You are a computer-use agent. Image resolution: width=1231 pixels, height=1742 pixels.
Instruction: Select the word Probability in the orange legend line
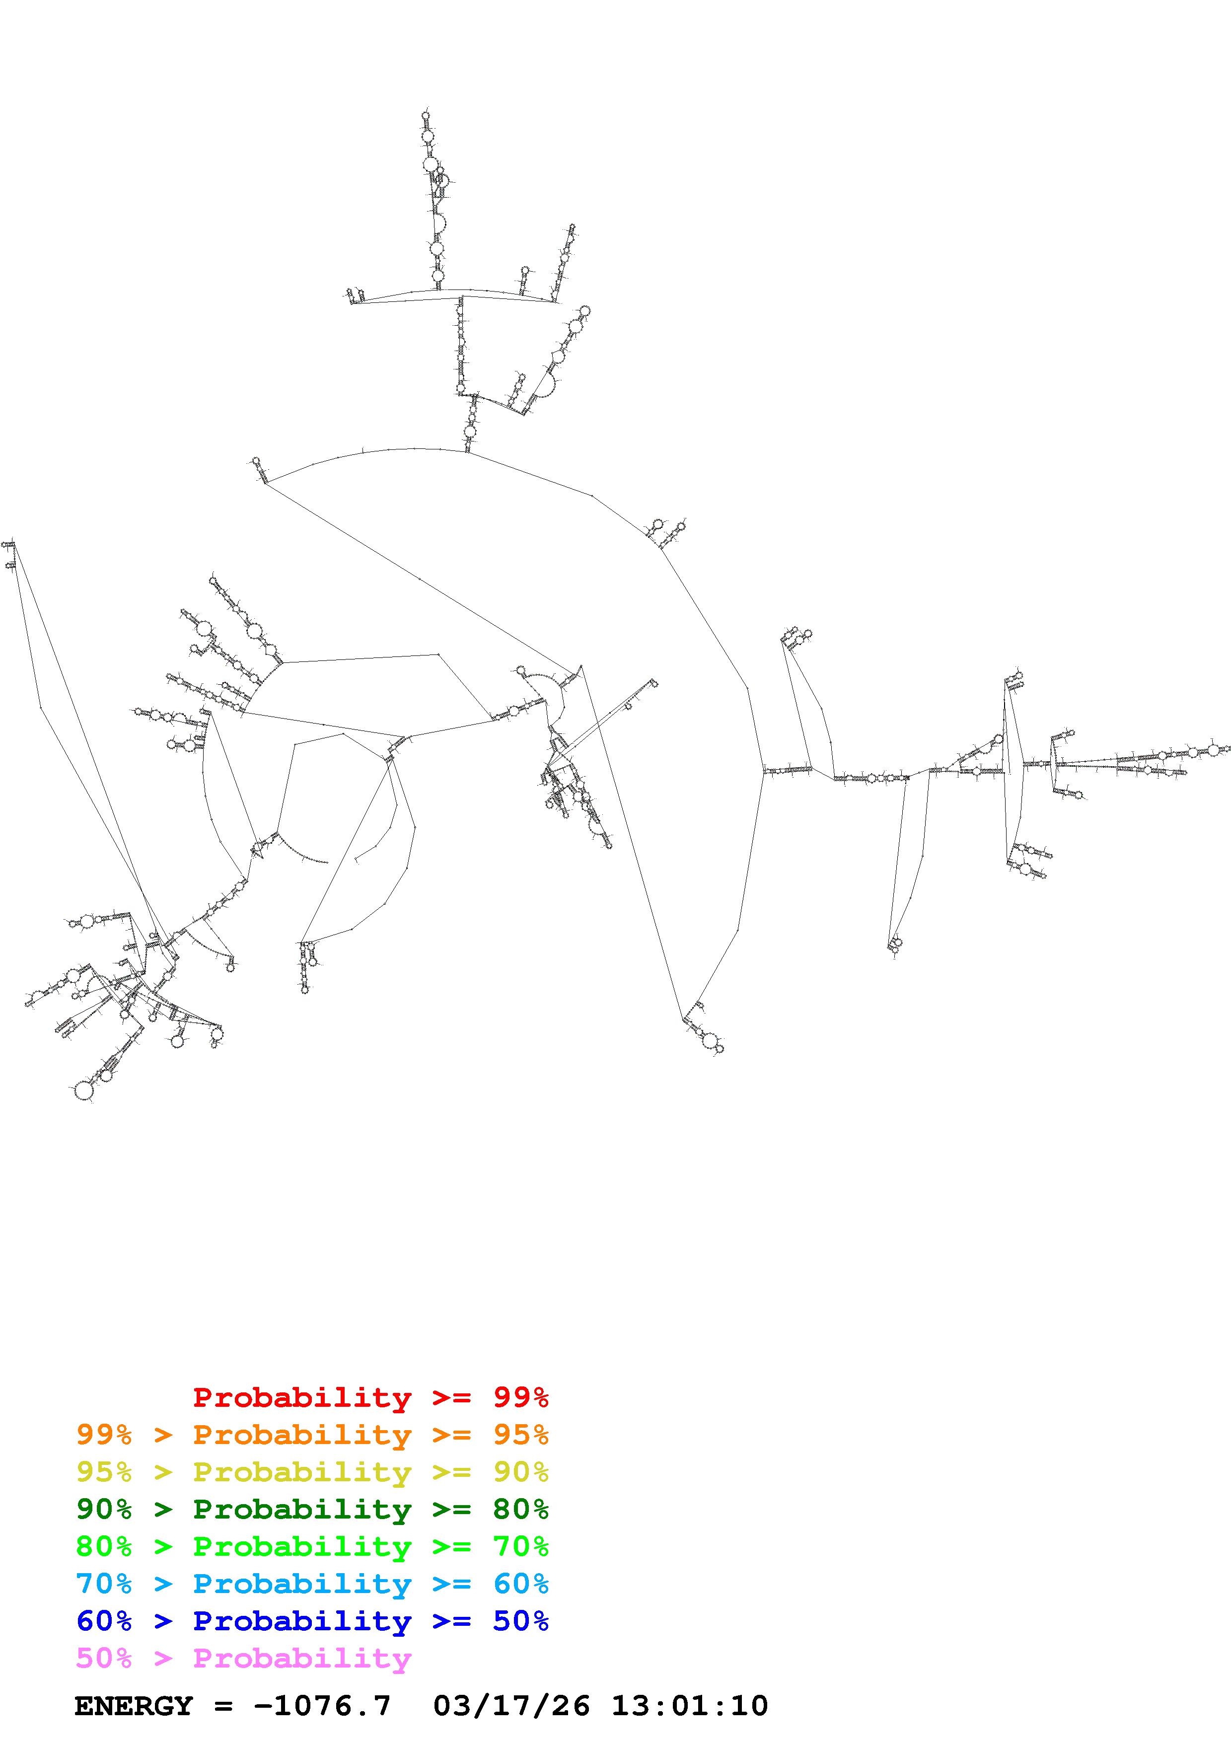click(x=302, y=1435)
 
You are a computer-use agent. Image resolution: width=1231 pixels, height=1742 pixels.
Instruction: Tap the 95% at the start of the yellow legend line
click(x=104, y=1472)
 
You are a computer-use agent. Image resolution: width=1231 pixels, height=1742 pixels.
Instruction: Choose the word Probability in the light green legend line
click(x=302, y=1546)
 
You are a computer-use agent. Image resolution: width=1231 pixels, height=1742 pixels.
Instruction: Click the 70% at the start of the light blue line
click(x=104, y=1584)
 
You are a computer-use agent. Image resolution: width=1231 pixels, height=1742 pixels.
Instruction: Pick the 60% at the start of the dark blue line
click(x=104, y=1621)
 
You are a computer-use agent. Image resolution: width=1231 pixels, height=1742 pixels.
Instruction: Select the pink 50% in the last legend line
click(x=104, y=1658)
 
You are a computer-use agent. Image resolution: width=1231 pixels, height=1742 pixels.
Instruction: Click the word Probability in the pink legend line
click(x=302, y=1658)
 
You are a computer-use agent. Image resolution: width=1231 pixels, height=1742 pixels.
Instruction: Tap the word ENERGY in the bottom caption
click(x=134, y=1706)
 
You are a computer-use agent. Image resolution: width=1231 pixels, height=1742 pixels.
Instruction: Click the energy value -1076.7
click(x=322, y=1706)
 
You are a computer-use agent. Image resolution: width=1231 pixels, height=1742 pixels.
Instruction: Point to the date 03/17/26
click(x=511, y=1706)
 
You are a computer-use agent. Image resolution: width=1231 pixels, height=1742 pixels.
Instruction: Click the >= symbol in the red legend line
click(x=451, y=1397)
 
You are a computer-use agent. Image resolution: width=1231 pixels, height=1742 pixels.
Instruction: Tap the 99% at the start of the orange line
click(x=104, y=1435)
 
